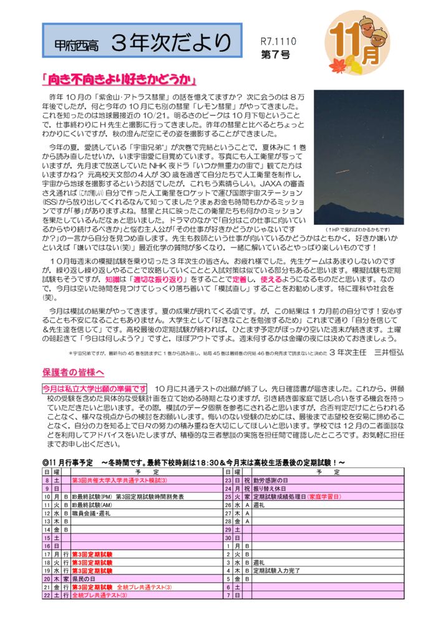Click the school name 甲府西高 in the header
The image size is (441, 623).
(73, 44)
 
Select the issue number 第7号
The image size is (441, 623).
(274, 55)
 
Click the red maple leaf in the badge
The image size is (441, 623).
(337, 62)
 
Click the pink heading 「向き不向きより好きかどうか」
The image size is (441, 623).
(119, 80)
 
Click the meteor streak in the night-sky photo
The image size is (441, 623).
(342, 171)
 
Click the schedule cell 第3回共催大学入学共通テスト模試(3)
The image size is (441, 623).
(119, 480)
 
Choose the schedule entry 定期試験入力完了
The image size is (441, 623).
(277, 570)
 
